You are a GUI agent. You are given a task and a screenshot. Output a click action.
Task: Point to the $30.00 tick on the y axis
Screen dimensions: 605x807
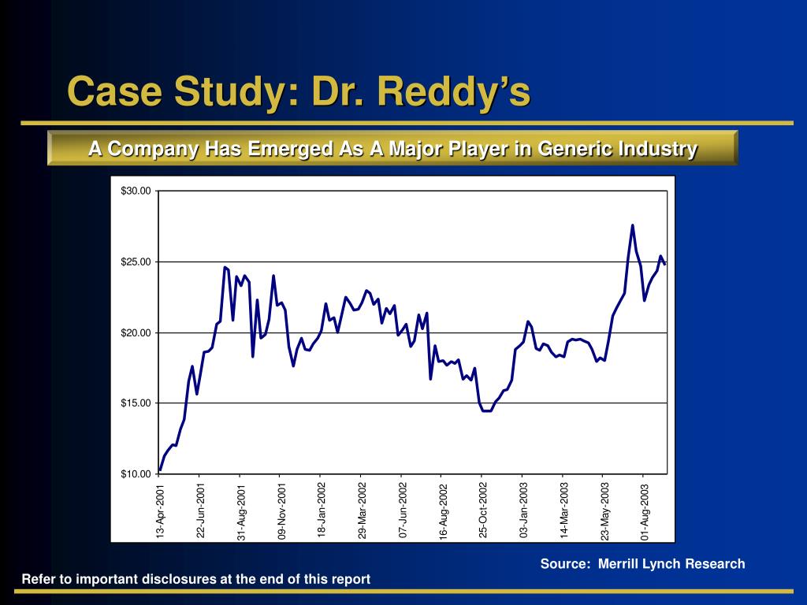pos(136,191)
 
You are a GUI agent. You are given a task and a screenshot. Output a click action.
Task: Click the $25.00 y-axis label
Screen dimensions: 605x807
pos(136,262)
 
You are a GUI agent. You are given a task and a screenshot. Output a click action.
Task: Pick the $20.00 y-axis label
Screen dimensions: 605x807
pos(136,332)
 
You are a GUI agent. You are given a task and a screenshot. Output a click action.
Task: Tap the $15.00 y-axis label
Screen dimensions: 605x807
pos(136,403)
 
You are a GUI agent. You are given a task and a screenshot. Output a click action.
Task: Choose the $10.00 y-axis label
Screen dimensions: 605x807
pos(136,473)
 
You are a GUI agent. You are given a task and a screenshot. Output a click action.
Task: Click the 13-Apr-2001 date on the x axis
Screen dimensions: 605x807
pos(161,512)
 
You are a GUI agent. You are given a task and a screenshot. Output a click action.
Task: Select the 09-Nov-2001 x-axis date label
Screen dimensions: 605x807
pos(282,512)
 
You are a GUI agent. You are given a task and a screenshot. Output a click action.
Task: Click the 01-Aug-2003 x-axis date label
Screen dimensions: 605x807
pos(645,511)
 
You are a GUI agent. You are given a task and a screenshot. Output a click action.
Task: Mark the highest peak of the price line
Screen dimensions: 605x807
pos(632,225)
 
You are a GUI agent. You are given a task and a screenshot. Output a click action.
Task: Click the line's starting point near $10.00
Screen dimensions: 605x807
pos(160,470)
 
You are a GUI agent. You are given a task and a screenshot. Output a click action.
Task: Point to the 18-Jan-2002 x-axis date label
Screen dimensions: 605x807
pos(322,511)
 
